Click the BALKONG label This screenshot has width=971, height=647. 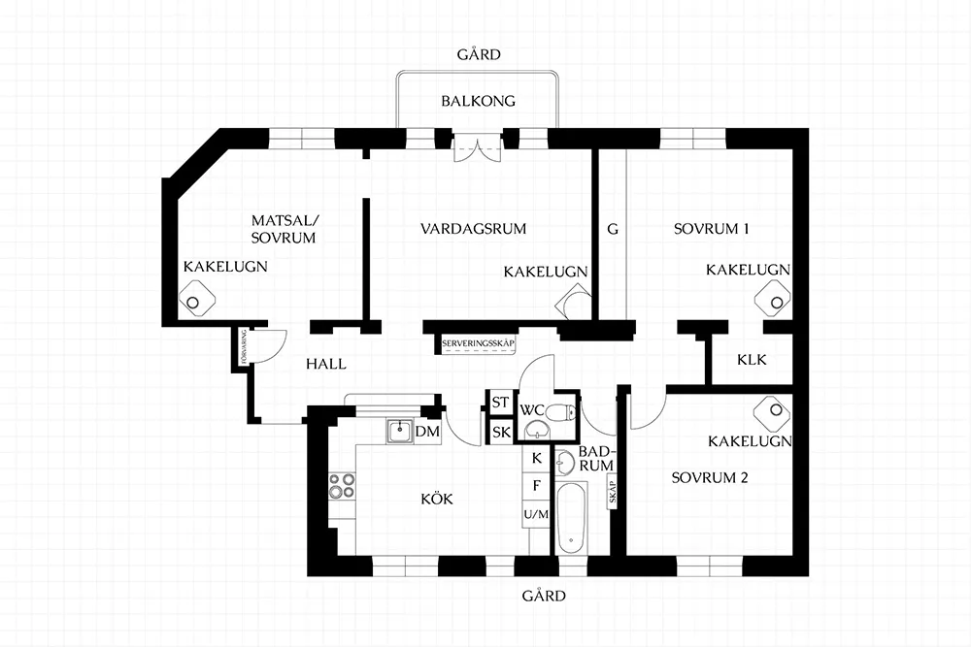click(478, 101)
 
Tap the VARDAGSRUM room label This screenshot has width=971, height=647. click(473, 229)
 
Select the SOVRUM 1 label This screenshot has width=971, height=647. click(712, 230)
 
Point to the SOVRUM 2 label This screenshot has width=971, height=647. click(710, 478)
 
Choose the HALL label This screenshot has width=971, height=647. click(326, 364)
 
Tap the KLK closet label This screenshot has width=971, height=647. click(752, 360)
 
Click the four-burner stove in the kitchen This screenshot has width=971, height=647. click(341, 485)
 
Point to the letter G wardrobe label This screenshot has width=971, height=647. click(612, 230)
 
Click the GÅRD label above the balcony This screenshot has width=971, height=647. click(479, 54)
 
